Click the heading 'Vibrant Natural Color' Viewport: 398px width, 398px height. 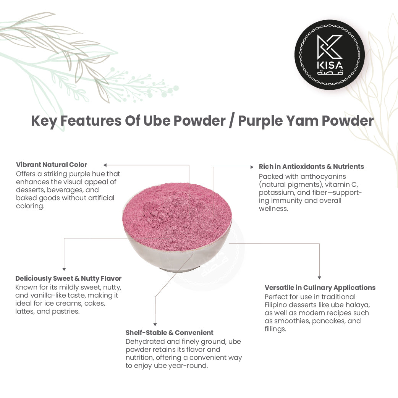coord(52,165)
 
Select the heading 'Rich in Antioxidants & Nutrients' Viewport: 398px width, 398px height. coord(311,167)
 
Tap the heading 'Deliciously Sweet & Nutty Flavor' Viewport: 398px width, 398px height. coord(68,278)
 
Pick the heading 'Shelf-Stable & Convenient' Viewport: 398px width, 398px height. coord(170,333)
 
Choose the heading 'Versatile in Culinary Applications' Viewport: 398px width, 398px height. coord(320,288)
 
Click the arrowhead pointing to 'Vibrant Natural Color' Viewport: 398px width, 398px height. coord(105,165)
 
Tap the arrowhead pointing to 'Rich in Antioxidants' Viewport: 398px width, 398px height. coord(251,167)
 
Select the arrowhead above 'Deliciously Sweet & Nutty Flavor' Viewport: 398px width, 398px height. coord(64,269)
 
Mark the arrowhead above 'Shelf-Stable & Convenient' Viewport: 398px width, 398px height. coord(155,324)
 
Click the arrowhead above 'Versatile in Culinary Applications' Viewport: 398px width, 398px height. coord(319,278)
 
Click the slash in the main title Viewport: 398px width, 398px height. coord(231,121)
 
